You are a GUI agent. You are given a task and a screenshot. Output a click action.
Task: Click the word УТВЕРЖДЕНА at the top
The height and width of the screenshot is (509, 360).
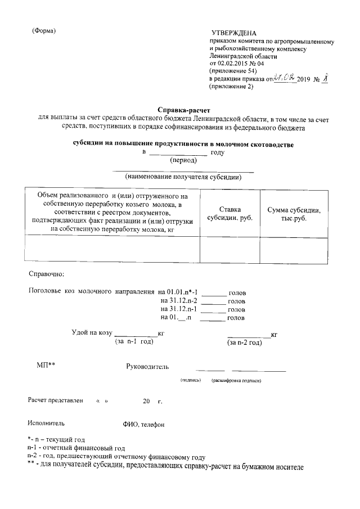pos(234,34)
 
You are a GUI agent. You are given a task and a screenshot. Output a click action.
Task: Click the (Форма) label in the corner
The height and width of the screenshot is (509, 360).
pos(44,30)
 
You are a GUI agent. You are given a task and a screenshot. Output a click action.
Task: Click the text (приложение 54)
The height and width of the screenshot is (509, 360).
pos(233,71)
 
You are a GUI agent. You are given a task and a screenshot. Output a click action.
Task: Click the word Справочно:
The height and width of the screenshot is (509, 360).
pos(47,274)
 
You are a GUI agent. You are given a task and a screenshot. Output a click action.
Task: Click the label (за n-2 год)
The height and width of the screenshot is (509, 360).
pos(244,341)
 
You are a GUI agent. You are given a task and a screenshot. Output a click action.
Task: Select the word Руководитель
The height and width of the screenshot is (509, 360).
pos(147,368)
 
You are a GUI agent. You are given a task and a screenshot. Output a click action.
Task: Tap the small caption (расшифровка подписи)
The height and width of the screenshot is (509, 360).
pos(237,381)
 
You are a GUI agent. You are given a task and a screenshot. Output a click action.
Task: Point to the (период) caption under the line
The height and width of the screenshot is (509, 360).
pos(183,160)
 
